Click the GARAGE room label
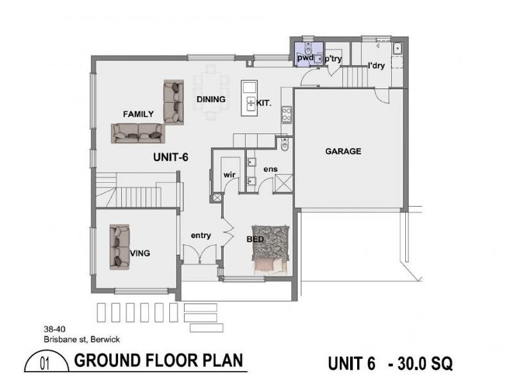pyautogui.click(x=343, y=151)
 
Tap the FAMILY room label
pyautogui.click(x=139, y=114)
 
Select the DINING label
pyautogui.click(x=211, y=99)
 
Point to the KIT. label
pyautogui.click(x=264, y=103)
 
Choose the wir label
pyautogui.click(x=230, y=175)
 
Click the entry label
pyautogui.click(x=201, y=235)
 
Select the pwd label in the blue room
pyautogui.click(x=305, y=58)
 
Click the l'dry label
pyautogui.click(x=376, y=65)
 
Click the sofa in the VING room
pyautogui.click(x=119, y=246)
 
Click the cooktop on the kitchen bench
pyautogui.click(x=287, y=115)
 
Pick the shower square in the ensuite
pyautogui.click(x=283, y=184)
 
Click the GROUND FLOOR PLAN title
pyautogui.click(x=159, y=361)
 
